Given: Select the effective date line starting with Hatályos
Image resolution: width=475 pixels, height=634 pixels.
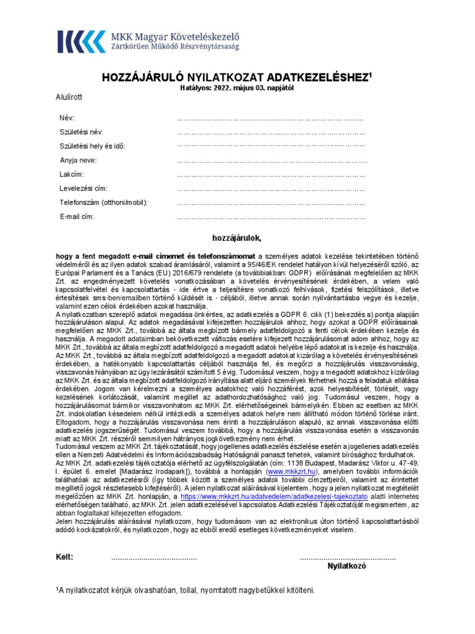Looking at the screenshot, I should tap(237, 89).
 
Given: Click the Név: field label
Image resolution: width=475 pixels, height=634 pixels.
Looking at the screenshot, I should tap(67, 118).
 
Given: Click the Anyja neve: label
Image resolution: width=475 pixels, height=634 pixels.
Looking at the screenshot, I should tap(79, 160).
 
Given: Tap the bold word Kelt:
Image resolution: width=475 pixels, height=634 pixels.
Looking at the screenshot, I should tap(65, 557).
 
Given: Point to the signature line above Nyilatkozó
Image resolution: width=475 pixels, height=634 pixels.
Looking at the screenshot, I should tap(348, 558).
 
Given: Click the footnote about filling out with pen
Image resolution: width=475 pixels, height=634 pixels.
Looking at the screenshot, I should tap(186, 591).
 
